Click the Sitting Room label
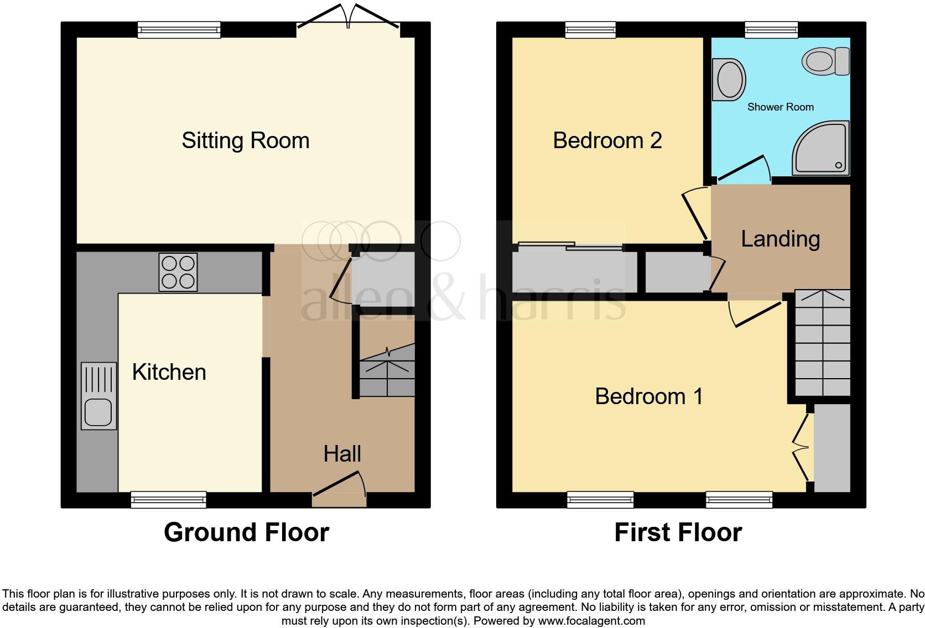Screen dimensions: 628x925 (245, 140)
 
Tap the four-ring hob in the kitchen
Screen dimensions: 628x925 (178, 272)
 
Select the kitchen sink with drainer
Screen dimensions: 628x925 (99, 396)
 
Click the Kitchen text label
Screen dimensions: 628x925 (169, 372)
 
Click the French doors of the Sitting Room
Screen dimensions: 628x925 (349, 18)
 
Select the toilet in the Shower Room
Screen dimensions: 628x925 (826, 61)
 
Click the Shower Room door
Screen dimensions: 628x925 (742, 169)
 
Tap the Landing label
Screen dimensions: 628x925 (780, 239)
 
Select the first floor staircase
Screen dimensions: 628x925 (823, 343)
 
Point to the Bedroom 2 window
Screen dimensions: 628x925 (590, 30)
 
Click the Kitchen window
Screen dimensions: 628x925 (169, 500)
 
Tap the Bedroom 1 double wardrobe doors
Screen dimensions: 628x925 (801, 448)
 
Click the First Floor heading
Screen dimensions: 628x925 (678, 532)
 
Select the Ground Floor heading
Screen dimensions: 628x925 (246, 532)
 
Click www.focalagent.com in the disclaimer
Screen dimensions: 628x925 (591, 621)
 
